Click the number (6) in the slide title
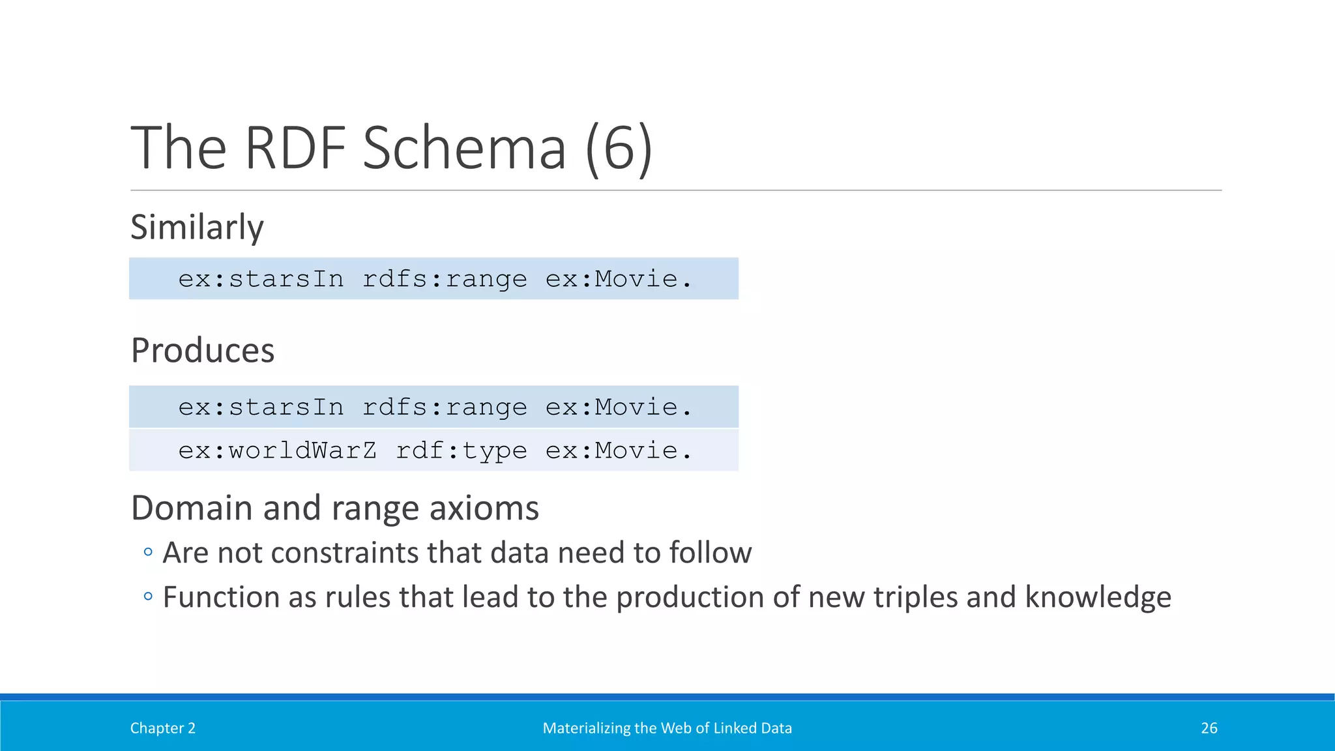click(x=619, y=149)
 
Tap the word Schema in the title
click(x=464, y=149)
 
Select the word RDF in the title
click(x=295, y=149)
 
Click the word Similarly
click(x=197, y=228)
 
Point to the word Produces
click(x=203, y=351)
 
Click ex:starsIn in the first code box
click(x=261, y=279)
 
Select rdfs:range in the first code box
click(x=445, y=279)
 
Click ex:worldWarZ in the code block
click(x=277, y=450)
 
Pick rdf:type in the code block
click(x=462, y=450)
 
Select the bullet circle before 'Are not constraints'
click(x=148, y=552)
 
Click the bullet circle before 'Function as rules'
click(x=148, y=596)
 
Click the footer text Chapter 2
click(x=163, y=728)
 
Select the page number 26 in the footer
click(x=1209, y=728)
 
